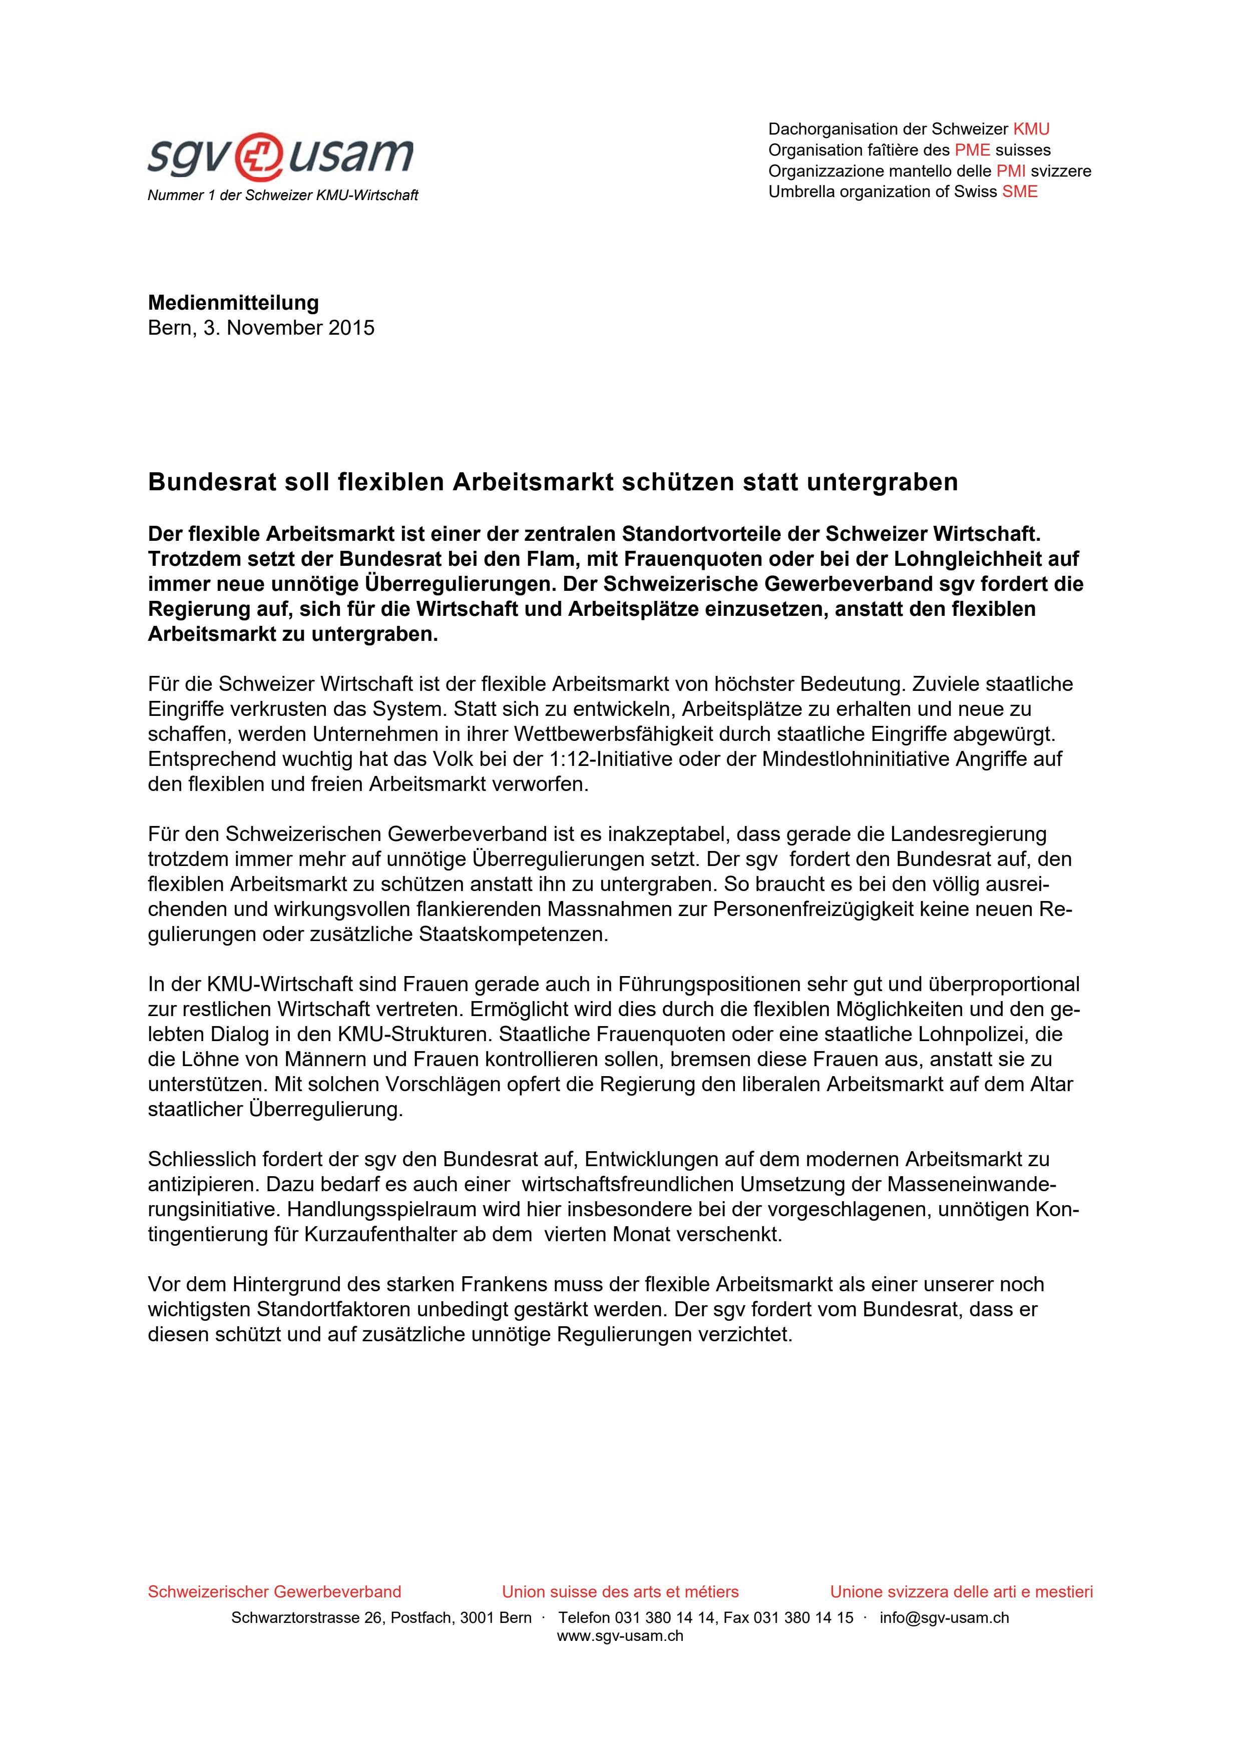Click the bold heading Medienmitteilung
pos(233,303)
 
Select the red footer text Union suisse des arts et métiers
pos(620,1591)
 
